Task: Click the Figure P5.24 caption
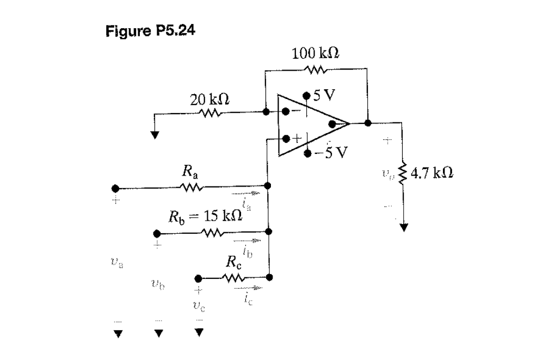[x=150, y=29]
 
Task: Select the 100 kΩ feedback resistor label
[x=316, y=54]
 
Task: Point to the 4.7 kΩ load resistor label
[x=433, y=175]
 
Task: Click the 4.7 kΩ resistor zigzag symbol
[x=403, y=176]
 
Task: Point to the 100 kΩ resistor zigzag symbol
[x=316, y=70]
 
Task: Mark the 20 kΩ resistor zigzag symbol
[x=209, y=114]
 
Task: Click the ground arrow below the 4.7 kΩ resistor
[x=403, y=228]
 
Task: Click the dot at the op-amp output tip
[x=333, y=123]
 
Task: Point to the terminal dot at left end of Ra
[x=115, y=188]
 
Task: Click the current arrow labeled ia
[x=248, y=193]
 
